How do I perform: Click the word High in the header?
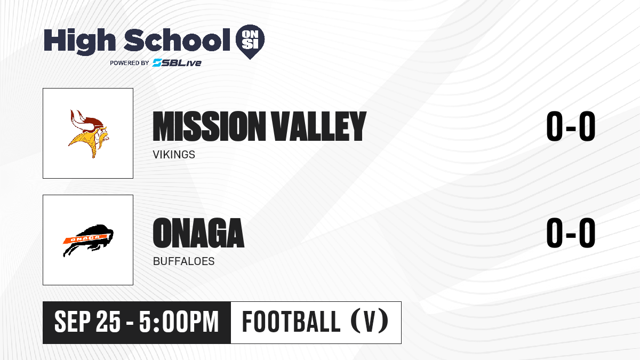point(79,41)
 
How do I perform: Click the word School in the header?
point(177,39)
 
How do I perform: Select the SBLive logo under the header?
point(177,62)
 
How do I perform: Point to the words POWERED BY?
point(130,63)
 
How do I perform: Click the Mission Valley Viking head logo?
point(89,134)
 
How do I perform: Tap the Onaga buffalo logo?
point(88,241)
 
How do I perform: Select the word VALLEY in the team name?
point(318,126)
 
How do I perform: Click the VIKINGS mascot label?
point(174,155)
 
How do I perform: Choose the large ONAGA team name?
point(198,233)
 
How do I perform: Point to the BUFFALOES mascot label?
point(183,261)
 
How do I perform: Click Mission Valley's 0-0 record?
point(571,126)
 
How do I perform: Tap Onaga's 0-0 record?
point(571,233)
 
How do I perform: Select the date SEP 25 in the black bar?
point(87,322)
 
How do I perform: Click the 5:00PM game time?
point(179,322)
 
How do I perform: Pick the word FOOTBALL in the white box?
point(291,322)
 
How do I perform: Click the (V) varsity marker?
point(370,322)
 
